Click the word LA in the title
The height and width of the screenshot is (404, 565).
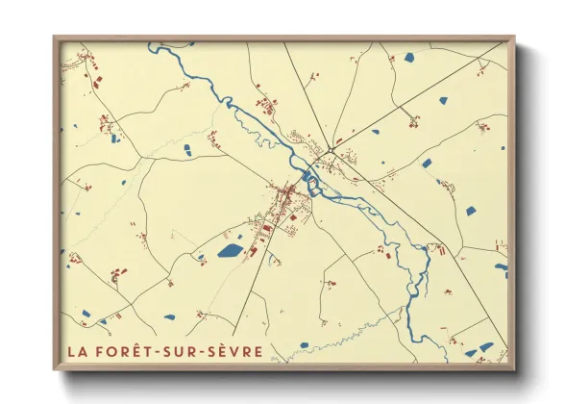pos(78,349)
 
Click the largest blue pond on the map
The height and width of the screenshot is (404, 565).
pos(230,251)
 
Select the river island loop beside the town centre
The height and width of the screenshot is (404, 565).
pos(311,178)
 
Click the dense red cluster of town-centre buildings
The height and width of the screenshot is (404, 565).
pos(285,202)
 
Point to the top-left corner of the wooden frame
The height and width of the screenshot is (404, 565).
pos(55,38)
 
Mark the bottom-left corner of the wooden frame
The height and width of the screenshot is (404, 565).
pos(55,369)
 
